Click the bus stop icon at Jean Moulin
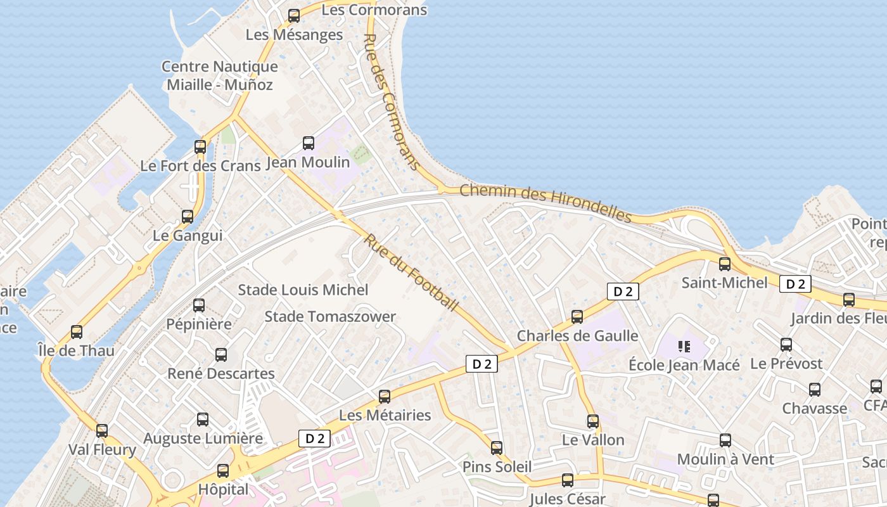309,143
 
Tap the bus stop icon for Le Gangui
188,217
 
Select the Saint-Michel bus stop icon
725,264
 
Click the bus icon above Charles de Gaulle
577,317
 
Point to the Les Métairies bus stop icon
385,397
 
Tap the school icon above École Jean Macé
684,346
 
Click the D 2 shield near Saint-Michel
795,284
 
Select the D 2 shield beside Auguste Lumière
315,438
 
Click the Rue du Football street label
411,273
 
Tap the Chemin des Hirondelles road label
546,203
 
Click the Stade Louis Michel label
303,290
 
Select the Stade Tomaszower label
330,316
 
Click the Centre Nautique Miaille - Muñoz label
220,75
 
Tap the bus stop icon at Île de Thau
77,331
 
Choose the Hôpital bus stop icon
223,471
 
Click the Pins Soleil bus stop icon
497,448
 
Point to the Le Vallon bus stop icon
593,421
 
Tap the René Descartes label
221,373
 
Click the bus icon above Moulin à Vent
725,440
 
